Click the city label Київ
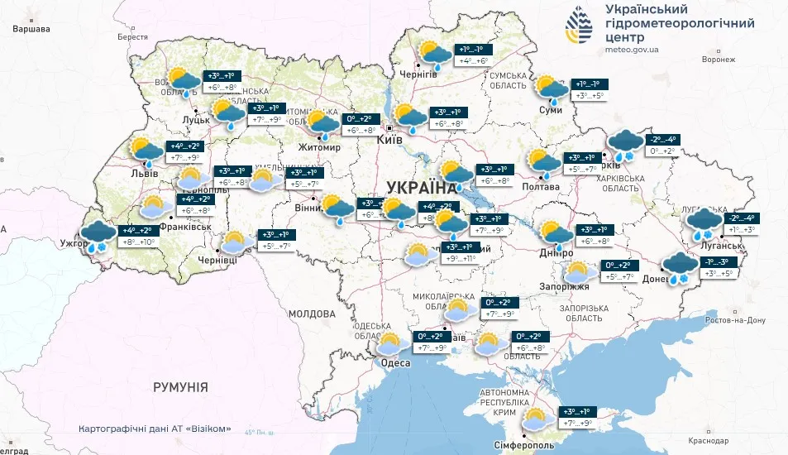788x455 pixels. point(389,140)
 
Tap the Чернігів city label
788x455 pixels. point(418,74)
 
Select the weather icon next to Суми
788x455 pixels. point(547,89)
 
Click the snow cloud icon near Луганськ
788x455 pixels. point(703,222)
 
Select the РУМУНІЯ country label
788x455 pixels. point(179,386)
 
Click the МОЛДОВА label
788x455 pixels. point(313,314)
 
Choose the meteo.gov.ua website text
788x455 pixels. point(632,49)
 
